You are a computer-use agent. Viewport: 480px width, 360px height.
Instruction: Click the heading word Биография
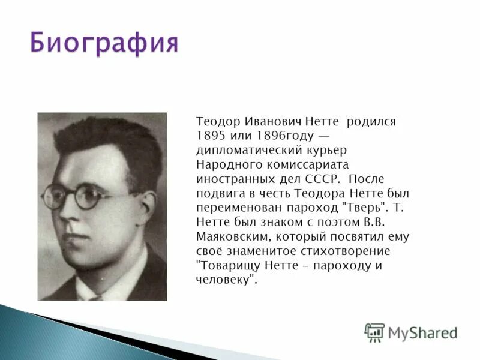[x=104, y=44]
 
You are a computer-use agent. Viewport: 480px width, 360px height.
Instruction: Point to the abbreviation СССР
[x=323, y=179]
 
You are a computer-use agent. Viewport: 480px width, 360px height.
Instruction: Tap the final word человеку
[x=226, y=280]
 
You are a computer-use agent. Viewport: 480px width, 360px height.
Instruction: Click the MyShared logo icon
[x=374, y=332]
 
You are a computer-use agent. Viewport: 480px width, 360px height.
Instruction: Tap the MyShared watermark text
[x=422, y=332]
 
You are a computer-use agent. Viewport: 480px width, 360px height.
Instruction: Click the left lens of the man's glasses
[x=56, y=196]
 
